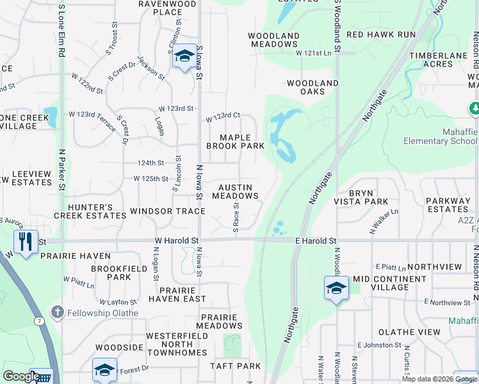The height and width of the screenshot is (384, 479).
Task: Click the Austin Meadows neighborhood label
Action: click(235, 191)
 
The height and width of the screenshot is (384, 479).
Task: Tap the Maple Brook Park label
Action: click(235, 141)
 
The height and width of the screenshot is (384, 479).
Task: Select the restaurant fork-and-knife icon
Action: click(26, 242)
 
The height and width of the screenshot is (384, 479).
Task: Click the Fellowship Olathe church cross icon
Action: click(57, 312)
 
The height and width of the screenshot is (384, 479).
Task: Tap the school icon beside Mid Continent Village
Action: click(336, 288)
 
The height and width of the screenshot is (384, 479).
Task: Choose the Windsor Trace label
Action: click(167, 211)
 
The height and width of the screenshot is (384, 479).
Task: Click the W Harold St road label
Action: click(176, 241)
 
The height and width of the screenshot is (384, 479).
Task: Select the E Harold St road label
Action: click(315, 241)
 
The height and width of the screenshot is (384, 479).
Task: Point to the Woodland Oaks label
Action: click(313, 87)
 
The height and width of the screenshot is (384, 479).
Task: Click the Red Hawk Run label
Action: click(380, 34)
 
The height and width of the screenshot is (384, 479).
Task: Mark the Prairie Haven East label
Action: click(177, 294)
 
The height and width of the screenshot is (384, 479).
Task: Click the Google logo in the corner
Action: click(20, 376)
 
